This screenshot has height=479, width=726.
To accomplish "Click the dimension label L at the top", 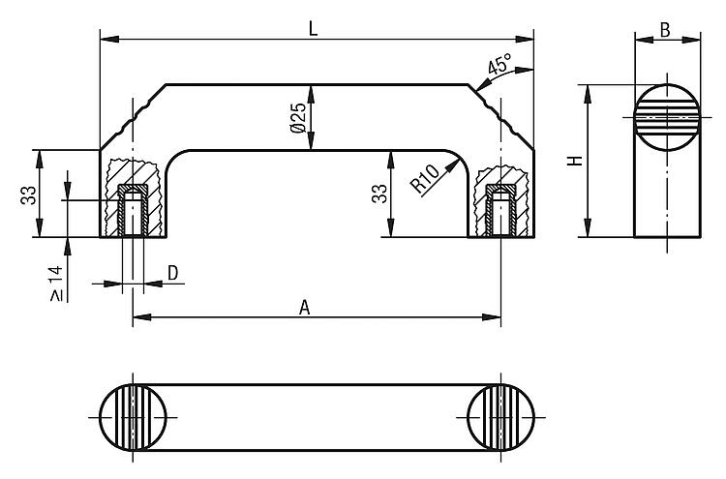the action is [x=314, y=29].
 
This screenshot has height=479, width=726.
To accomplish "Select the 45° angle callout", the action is [x=499, y=64].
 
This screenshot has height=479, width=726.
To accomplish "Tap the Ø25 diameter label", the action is [x=299, y=117].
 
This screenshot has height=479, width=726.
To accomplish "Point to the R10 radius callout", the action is [x=425, y=179].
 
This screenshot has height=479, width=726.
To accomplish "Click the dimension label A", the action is [x=304, y=308].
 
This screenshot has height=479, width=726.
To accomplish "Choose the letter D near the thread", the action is [x=172, y=273].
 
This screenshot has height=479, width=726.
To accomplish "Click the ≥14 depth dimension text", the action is [x=56, y=284].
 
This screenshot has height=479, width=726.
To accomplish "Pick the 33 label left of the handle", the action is [x=28, y=195].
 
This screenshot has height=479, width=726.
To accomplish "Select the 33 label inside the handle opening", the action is [x=379, y=194].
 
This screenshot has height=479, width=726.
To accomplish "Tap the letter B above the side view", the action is [x=665, y=30].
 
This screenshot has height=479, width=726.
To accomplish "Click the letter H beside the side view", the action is [x=576, y=161].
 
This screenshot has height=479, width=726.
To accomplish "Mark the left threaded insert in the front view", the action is [x=133, y=210].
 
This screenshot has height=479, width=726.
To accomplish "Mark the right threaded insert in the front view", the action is [x=500, y=210].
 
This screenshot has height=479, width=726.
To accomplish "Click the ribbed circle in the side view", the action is [x=667, y=117].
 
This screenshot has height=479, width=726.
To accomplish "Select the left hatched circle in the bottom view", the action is [x=133, y=417].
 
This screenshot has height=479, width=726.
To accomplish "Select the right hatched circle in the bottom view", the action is [x=501, y=417].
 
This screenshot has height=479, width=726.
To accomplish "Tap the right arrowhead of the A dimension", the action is [x=492, y=317].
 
